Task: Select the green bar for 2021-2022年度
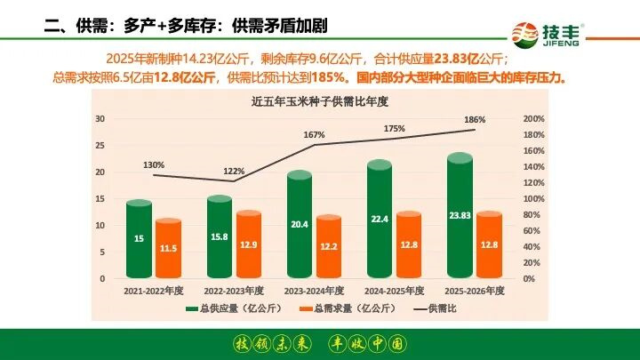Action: [x=139, y=240]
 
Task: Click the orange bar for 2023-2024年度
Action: [x=328, y=246]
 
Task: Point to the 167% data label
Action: [x=314, y=134]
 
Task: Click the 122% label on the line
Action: [x=234, y=171]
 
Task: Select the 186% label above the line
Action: [x=475, y=120]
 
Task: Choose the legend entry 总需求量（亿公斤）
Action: [x=338, y=308]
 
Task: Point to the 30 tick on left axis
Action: [x=100, y=119]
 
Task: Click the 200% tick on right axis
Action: [x=533, y=119]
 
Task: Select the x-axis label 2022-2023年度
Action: [x=234, y=290]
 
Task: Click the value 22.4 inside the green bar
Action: [x=380, y=220]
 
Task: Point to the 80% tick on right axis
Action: [x=532, y=215]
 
